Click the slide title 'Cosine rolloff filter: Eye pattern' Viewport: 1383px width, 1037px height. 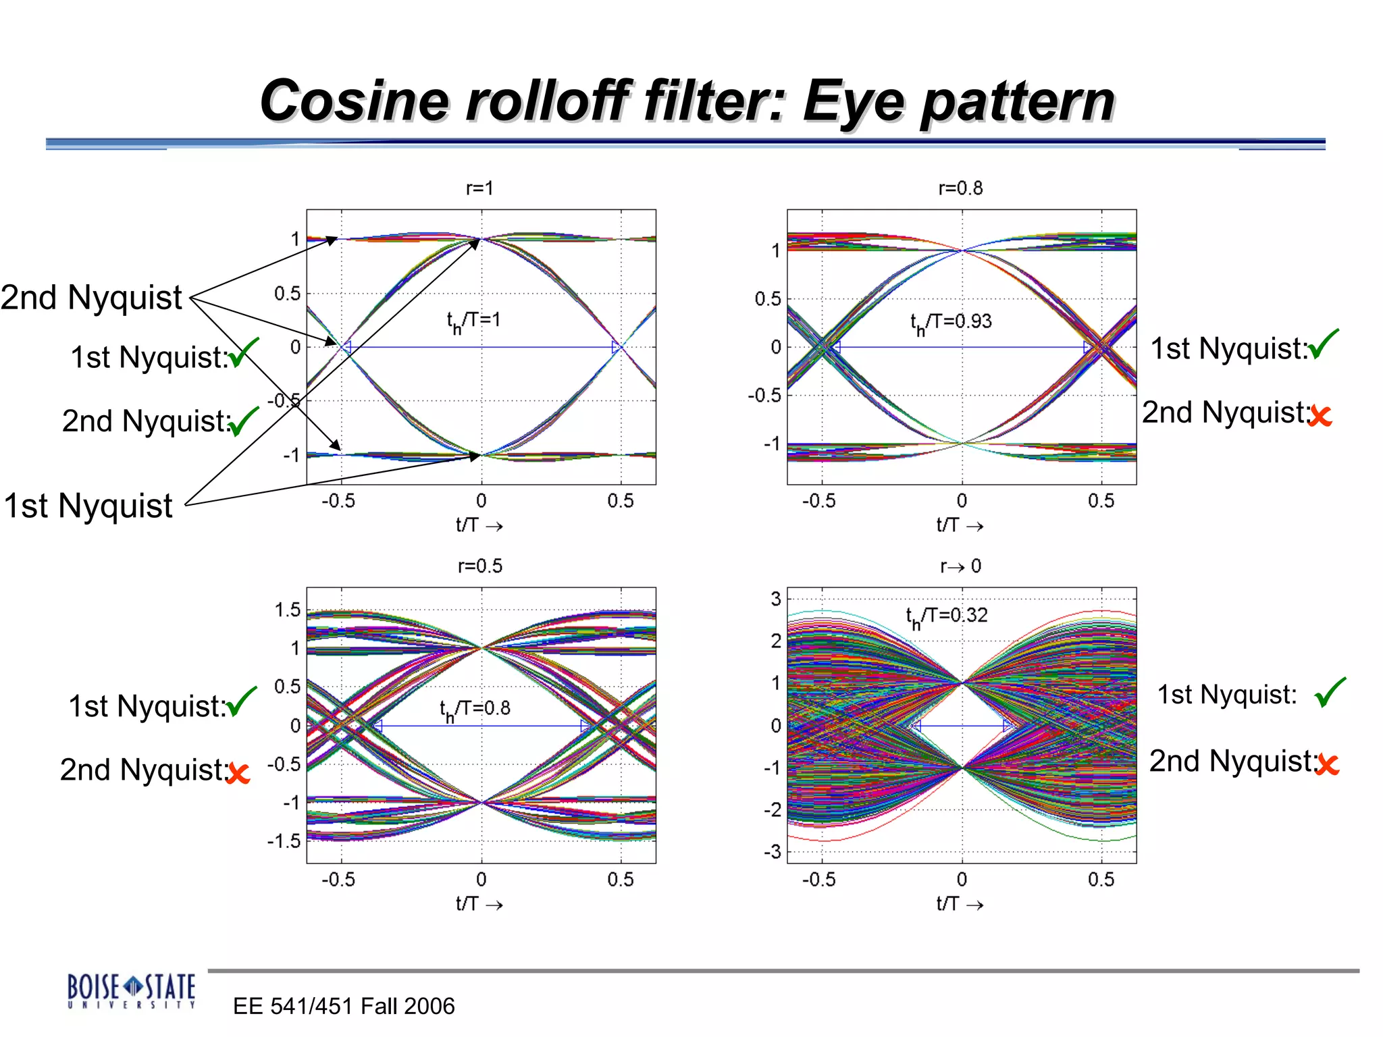pyautogui.click(x=687, y=101)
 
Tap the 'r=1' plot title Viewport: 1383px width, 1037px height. pyautogui.click(x=479, y=188)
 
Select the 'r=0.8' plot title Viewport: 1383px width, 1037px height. pyautogui.click(x=960, y=188)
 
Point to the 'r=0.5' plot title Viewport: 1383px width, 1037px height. pyautogui.click(x=479, y=566)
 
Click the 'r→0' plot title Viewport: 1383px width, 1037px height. pyautogui.click(x=960, y=566)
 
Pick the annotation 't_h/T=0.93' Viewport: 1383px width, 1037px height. pyautogui.click(x=951, y=322)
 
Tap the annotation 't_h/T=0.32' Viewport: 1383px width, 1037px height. pyautogui.click(x=946, y=616)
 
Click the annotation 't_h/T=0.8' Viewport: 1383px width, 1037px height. pyautogui.click(x=475, y=709)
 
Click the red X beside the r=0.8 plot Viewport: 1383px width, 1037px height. pyautogui.click(x=1320, y=416)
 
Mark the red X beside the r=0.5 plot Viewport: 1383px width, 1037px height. pyautogui.click(x=238, y=772)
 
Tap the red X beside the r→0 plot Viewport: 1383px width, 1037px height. pyautogui.click(x=1327, y=764)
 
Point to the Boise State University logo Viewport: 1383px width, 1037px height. pyautogui.click(x=131, y=990)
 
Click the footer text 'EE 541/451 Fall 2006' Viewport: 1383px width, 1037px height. pyautogui.click(x=344, y=1006)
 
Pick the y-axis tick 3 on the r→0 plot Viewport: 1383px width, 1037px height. pyautogui.click(x=776, y=599)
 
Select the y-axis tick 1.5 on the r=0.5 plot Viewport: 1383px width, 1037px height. pyautogui.click(x=288, y=610)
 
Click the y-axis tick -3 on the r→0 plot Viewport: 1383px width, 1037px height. pyautogui.click(x=773, y=852)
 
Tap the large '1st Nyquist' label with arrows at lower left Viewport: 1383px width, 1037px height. pyautogui.click(x=88, y=506)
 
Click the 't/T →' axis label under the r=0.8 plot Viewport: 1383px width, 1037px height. pyautogui.click(x=960, y=525)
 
